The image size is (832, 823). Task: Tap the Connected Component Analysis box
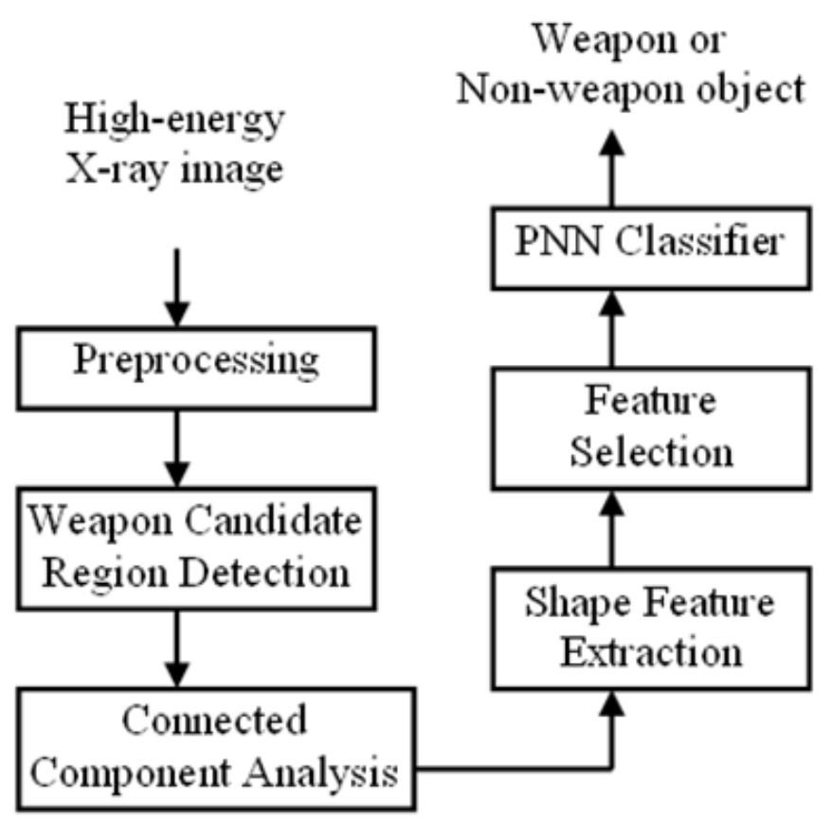(x=207, y=747)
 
